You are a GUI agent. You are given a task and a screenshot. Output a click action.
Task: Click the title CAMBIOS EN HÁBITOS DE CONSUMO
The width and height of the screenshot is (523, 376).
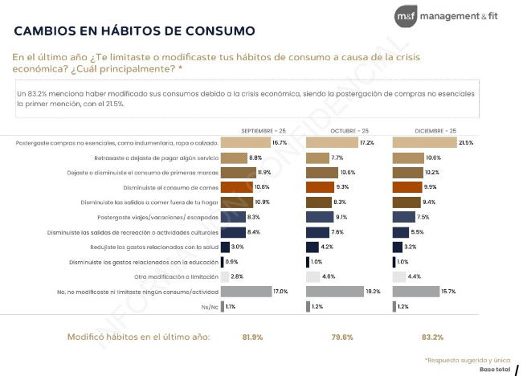click(x=135, y=31)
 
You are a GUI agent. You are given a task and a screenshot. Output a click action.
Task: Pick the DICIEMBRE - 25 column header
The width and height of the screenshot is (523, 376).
click(x=435, y=129)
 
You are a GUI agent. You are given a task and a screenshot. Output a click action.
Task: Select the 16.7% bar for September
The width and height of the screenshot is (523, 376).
click(x=245, y=142)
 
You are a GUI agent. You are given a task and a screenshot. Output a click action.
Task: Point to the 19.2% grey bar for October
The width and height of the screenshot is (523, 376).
click(x=334, y=291)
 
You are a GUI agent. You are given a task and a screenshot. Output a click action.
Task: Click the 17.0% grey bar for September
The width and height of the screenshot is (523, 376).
click(x=246, y=291)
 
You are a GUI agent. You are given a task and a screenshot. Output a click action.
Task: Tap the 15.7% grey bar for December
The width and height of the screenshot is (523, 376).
click(x=415, y=291)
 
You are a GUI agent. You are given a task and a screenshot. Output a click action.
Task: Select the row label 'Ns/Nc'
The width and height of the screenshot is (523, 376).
click(x=207, y=306)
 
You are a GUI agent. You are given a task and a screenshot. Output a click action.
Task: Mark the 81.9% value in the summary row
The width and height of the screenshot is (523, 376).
click(x=254, y=337)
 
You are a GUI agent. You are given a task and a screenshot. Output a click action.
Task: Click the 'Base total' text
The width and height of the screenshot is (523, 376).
click(x=495, y=369)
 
